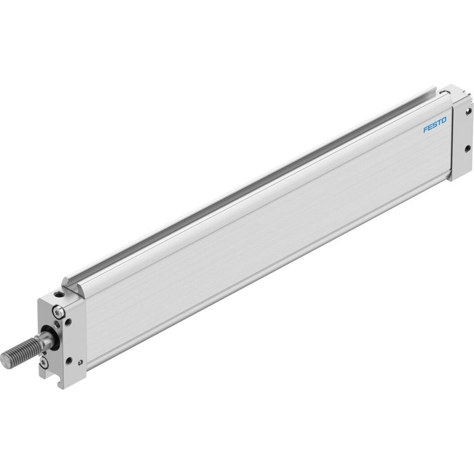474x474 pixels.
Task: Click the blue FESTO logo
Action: (x=435, y=125)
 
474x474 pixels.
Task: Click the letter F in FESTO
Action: (x=425, y=129)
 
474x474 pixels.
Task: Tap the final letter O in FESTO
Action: (x=443, y=121)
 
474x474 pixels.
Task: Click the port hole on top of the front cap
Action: (x=58, y=294)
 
